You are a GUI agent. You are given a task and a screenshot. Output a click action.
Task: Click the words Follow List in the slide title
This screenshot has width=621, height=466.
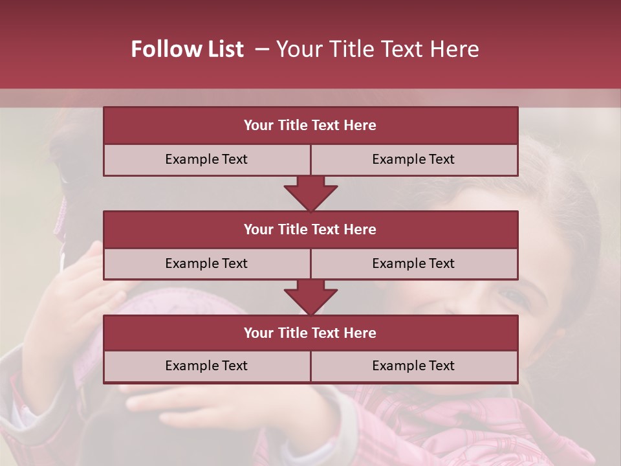click(x=187, y=49)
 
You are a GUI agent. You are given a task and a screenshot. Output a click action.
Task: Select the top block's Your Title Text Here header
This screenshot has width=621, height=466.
click(x=310, y=126)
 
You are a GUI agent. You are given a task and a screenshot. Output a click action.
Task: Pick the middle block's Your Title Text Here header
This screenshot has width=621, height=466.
click(x=310, y=229)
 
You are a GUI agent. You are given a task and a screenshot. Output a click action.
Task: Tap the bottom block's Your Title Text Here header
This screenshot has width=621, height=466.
click(x=310, y=333)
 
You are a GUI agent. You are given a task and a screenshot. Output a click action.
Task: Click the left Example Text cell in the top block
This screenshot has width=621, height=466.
click(x=206, y=159)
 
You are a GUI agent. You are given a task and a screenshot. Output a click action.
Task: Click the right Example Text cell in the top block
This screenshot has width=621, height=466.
click(x=413, y=159)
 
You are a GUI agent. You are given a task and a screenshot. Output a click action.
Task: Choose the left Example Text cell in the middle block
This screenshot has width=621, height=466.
click(x=206, y=263)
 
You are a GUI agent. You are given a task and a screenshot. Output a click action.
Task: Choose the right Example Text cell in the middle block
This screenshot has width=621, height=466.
click(x=413, y=263)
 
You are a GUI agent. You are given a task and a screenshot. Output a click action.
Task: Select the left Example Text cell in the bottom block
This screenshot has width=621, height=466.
click(x=206, y=366)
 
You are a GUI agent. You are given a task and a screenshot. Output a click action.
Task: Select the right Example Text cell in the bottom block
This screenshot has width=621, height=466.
click(x=413, y=366)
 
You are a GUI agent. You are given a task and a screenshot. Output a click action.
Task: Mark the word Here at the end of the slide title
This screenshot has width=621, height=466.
click(x=455, y=49)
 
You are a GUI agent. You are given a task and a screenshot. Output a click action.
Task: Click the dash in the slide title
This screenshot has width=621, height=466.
click(x=262, y=49)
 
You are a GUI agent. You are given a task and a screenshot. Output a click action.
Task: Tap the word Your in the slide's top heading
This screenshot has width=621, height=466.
click(x=298, y=49)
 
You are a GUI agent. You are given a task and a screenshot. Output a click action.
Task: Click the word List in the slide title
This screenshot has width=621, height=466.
click(x=223, y=49)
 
